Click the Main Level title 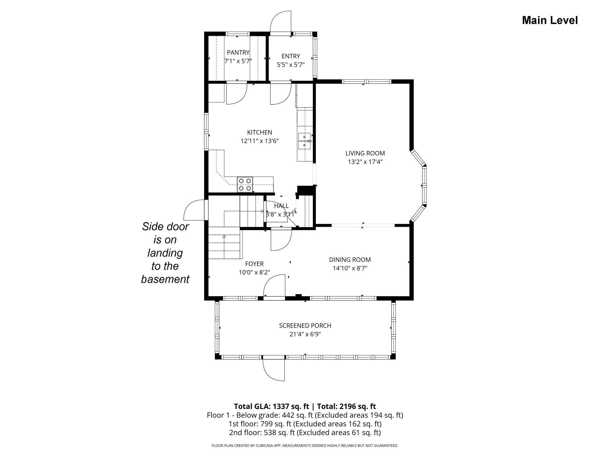tap(550, 20)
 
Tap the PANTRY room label tap(238, 52)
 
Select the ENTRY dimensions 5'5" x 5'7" tap(291, 65)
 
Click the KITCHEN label tap(260, 132)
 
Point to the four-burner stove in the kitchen tap(245, 184)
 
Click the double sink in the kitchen tap(305, 141)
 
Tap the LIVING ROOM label tap(365, 153)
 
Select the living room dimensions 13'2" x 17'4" tap(365, 161)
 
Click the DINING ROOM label tap(350, 260)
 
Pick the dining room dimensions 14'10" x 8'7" tap(350, 268)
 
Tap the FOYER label tap(254, 264)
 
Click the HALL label tap(281, 206)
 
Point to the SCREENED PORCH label tap(305, 325)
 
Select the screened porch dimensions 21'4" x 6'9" tap(305, 334)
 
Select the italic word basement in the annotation tap(165, 279)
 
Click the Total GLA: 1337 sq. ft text tap(272, 406)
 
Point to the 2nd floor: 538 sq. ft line tap(305, 432)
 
